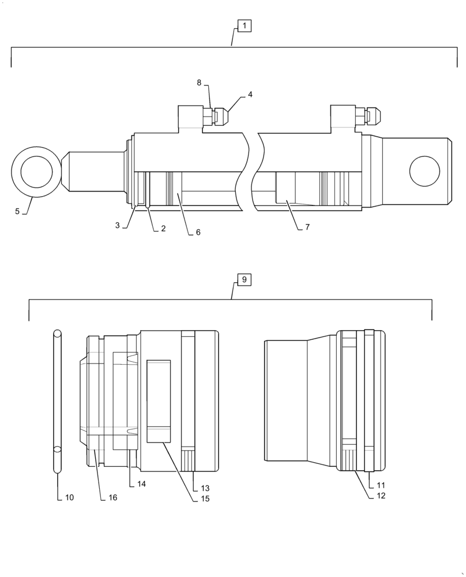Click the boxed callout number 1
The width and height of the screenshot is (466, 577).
[x=244, y=26]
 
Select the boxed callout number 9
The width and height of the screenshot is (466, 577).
[x=244, y=280]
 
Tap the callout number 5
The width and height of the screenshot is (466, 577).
[x=17, y=212]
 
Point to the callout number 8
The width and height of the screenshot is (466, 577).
[x=199, y=83]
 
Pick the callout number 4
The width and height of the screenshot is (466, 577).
[x=250, y=93]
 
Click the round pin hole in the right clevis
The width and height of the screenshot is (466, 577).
[x=424, y=171]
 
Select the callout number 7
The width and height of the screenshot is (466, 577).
[x=307, y=227]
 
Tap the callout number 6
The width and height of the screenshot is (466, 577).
[x=198, y=232]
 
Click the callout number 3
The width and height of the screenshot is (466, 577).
[x=117, y=226]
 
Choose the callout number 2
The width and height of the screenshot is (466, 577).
[x=163, y=228]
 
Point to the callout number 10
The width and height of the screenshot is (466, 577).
[x=69, y=497]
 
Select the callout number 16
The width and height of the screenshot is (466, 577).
[x=112, y=497]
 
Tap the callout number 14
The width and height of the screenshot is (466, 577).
[x=141, y=484]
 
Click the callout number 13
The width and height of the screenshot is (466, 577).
[x=205, y=488]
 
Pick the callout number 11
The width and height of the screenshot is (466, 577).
[x=381, y=485]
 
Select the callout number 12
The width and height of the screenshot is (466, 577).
[x=381, y=496]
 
